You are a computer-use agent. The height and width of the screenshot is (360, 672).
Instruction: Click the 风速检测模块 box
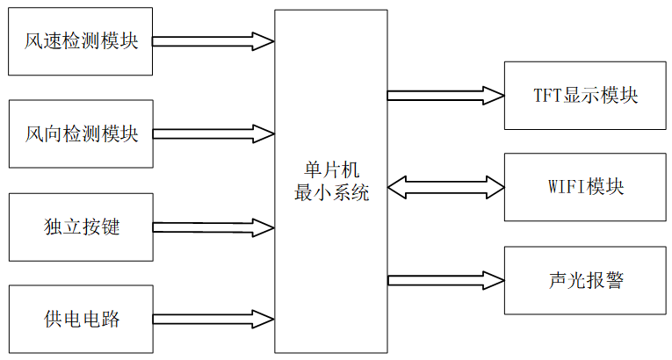pos(80,40)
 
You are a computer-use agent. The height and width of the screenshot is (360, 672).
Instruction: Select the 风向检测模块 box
pos(80,133)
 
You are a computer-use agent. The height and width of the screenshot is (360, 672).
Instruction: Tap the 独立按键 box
pos(80,227)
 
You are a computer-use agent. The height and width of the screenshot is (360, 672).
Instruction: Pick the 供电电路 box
pos(80,319)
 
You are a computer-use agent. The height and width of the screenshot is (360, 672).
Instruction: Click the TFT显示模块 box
pos(585,95)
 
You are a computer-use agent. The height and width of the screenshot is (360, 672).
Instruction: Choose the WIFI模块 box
pos(585,187)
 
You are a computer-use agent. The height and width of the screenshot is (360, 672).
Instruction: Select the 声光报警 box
pos(585,280)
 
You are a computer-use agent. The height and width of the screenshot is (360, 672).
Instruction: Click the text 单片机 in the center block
pos(331,170)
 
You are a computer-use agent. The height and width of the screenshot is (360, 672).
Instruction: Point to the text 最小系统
pos(331,191)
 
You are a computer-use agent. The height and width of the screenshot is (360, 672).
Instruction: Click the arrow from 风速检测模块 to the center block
pos(213,40)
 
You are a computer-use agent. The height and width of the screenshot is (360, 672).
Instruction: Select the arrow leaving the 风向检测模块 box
pos(213,133)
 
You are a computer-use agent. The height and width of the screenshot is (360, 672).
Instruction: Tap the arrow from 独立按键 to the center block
pos(213,227)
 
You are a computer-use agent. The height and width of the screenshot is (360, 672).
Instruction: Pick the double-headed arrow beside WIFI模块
pos(445,186)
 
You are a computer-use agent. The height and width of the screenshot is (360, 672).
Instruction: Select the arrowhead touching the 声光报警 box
pos(493,280)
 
